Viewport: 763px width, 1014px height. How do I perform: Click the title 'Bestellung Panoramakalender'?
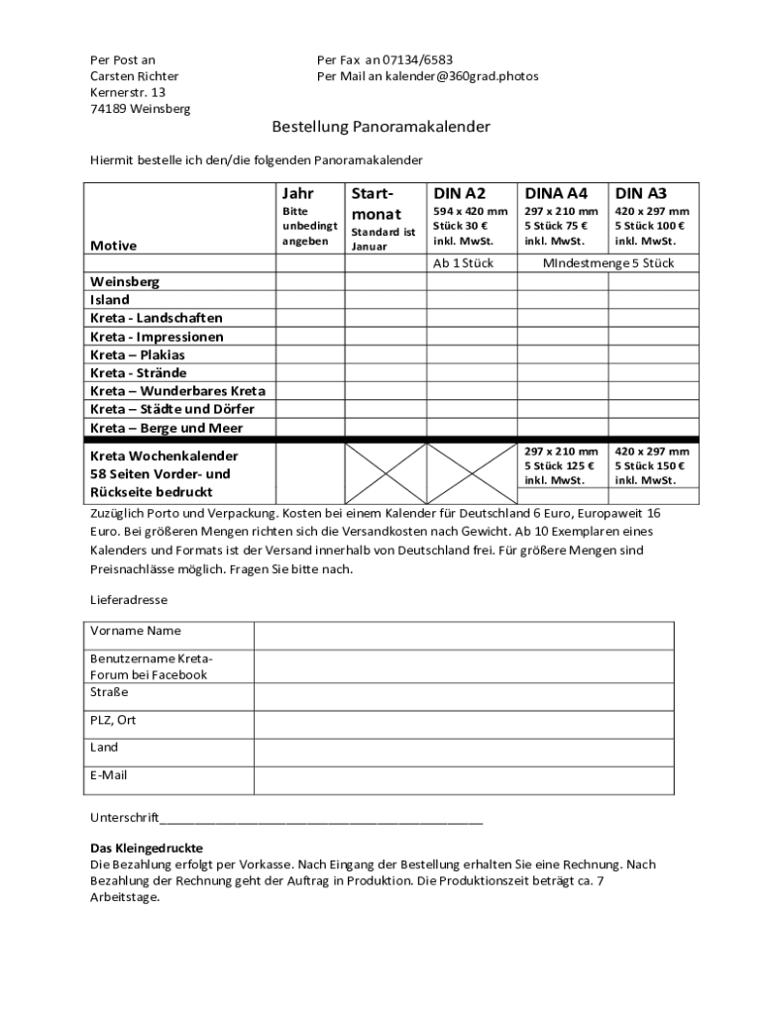coord(381,128)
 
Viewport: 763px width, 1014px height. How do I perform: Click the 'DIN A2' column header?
coord(460,193)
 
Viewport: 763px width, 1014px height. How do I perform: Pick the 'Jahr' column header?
coord(297,193)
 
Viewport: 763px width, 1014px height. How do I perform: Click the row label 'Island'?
coord(110,300)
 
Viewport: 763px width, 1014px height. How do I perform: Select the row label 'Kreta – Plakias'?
coord(138,355)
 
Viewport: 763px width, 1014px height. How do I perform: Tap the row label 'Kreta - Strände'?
coord(138,373)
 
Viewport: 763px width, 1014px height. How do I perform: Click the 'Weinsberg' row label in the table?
coord(125,282)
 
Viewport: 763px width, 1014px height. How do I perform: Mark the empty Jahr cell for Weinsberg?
coord(309,282)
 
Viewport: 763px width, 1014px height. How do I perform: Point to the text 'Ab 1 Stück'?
coord(464,263)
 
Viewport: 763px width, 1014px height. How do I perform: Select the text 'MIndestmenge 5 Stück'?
coord(608,263)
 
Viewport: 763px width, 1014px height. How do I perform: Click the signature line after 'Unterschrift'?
coord(321,820)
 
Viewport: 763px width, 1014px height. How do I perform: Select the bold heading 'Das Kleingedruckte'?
coord(147,849)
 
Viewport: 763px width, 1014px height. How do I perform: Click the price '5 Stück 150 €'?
coord(650,465)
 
